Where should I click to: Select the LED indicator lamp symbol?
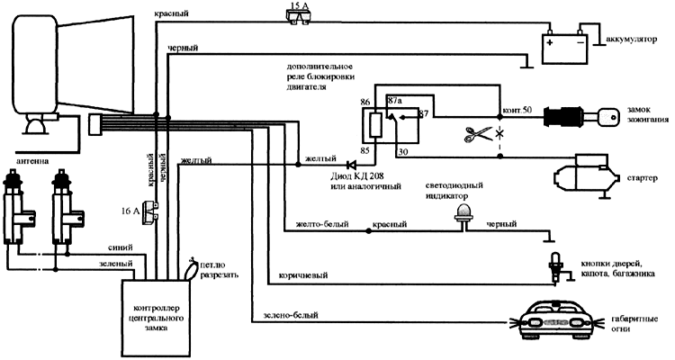point(465,211)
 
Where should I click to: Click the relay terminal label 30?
point(401,153)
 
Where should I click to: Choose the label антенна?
point(27,162)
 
